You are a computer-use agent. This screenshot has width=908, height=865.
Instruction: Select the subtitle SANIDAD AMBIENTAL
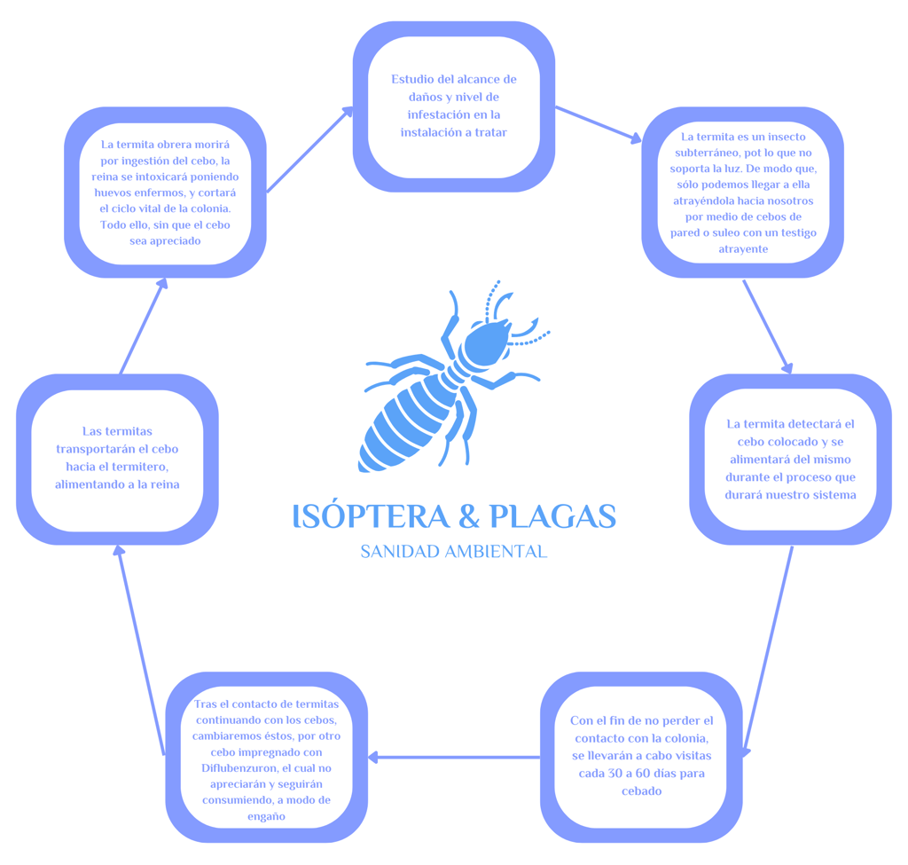(x=453, y=552)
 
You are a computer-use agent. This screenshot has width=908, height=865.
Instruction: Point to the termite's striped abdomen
(x=408, y=421)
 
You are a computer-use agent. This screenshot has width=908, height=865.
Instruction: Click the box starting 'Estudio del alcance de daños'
(x=454, y=106)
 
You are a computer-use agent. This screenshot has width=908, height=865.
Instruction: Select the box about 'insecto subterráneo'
(x=742, y=193)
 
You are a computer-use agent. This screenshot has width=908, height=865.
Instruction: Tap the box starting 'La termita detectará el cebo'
(x=790, y=460)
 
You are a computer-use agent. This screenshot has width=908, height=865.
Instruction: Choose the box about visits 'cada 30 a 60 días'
(x=641, y=756)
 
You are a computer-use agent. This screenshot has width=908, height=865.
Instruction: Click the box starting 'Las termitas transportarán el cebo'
(x=117, y=458)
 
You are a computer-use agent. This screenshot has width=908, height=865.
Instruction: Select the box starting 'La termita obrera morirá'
(x=165, y=192)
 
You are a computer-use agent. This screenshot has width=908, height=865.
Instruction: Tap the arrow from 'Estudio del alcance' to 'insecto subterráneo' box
(x=599, y=123)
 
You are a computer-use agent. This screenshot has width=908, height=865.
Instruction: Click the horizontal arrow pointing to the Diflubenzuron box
(x=454, y=757)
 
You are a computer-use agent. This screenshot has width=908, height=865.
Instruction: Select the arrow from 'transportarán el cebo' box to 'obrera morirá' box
(x=143, y=326)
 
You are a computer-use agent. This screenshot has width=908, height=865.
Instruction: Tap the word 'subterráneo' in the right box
(x=719, y=153)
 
